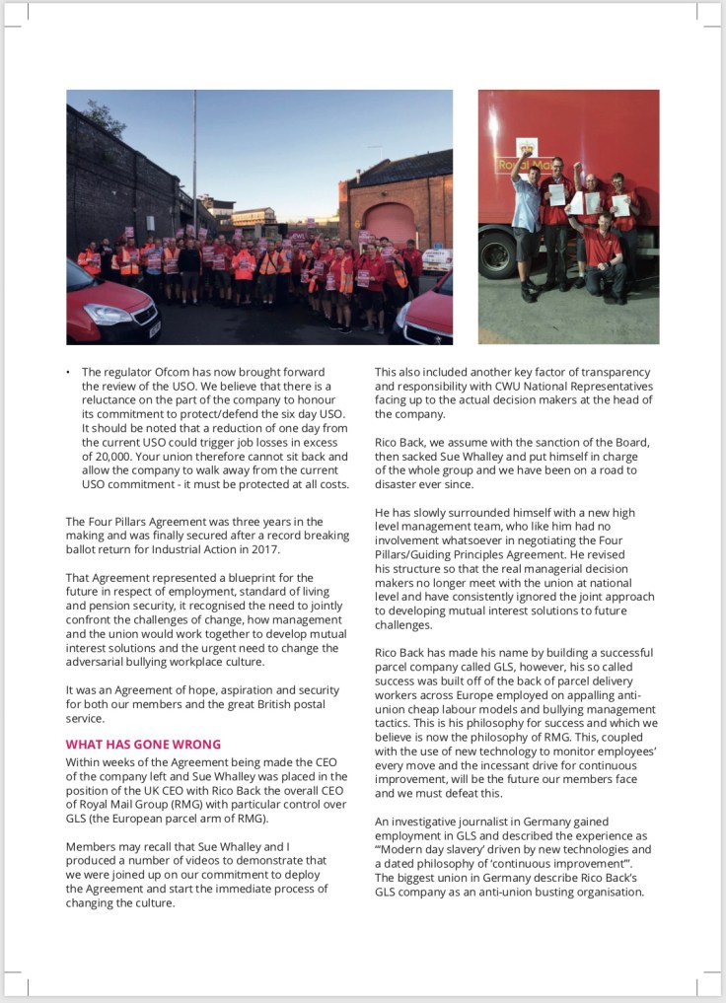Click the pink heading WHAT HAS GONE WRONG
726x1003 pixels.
(143, 744)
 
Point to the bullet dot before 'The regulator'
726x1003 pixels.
(68, 372)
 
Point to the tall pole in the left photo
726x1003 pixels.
(194, 158)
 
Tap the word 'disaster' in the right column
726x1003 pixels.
(401, 485)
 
